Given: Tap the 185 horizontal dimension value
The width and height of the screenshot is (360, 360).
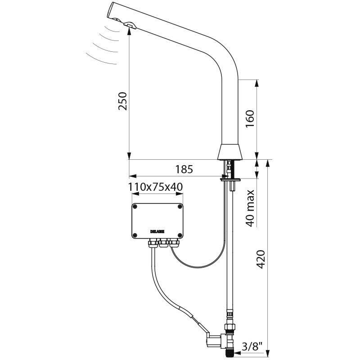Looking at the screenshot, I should pos(184,169).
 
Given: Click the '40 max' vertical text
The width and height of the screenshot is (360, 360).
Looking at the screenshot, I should pos(251,207).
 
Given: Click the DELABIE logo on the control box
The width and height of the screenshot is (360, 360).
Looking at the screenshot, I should pos(157,231).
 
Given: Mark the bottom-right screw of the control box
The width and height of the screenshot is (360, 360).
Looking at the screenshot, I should pos(180,235).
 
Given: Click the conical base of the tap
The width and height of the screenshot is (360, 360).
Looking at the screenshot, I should pos(230,152).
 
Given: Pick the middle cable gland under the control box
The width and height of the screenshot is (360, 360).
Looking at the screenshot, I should pos(163,244).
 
